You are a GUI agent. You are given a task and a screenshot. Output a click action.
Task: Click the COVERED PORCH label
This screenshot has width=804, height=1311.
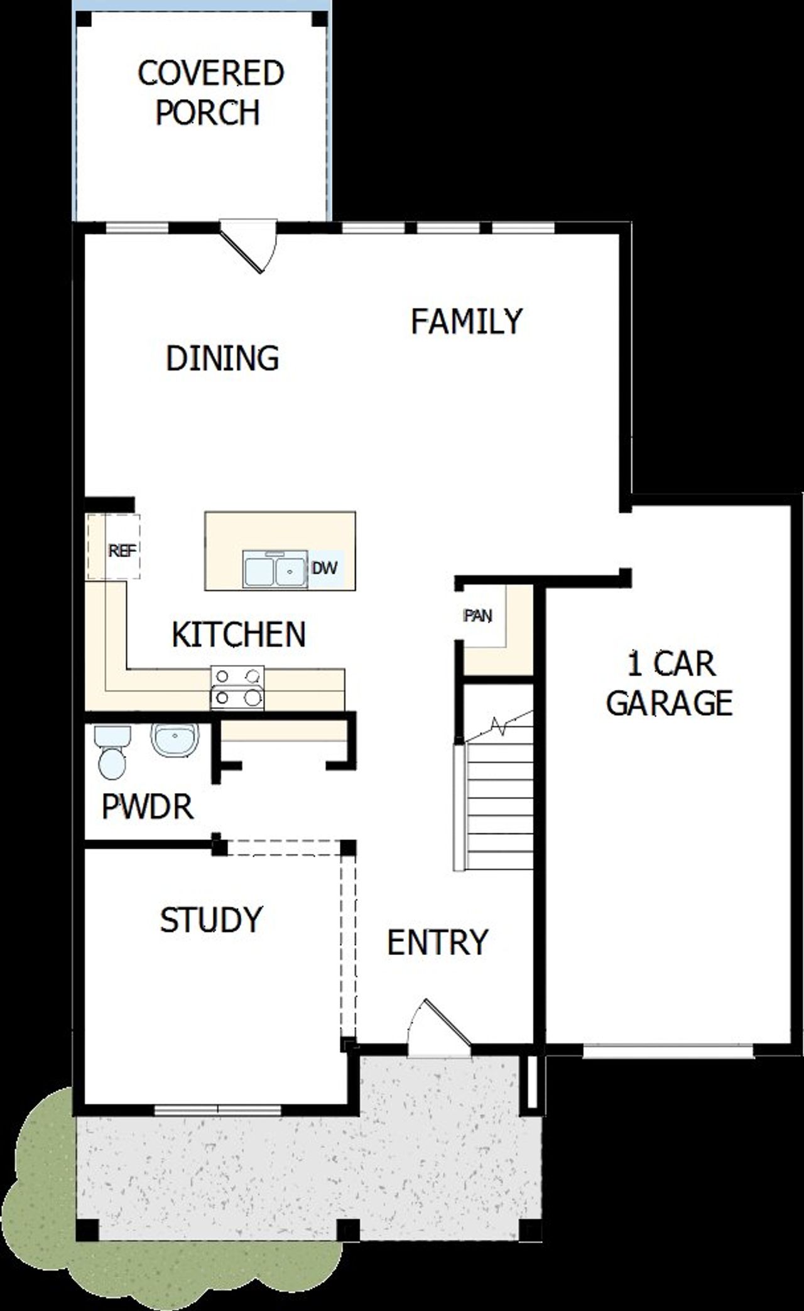[x=210, y=93]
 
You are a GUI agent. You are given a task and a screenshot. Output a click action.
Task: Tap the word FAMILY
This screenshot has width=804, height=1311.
[x=466, y=321]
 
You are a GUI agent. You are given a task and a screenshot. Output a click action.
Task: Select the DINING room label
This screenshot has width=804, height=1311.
[x=222, y=358]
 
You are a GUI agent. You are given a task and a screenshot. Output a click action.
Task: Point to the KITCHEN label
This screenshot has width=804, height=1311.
[x=239, y=634]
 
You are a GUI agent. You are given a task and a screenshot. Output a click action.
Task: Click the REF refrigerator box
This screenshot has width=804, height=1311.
[x=122, y=550]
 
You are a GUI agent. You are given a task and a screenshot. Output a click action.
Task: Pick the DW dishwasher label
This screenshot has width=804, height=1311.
[x=325, y=568]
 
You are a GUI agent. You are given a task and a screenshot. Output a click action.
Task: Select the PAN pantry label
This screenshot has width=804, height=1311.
[x=477, y=616]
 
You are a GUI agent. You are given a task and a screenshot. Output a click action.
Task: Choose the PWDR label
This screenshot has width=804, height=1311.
[x=148, y=806]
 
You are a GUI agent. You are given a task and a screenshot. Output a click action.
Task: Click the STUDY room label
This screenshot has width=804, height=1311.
[x=211, y=920]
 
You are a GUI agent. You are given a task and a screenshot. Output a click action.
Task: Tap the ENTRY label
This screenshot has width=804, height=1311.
[x=437, y=942]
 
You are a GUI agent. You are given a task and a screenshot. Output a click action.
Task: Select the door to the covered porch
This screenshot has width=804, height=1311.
[x=249, y=245]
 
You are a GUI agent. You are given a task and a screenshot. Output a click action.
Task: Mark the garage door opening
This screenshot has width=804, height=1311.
[x=668, y=1050]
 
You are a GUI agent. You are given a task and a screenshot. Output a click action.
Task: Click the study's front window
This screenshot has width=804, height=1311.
[x=218, y=1110]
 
